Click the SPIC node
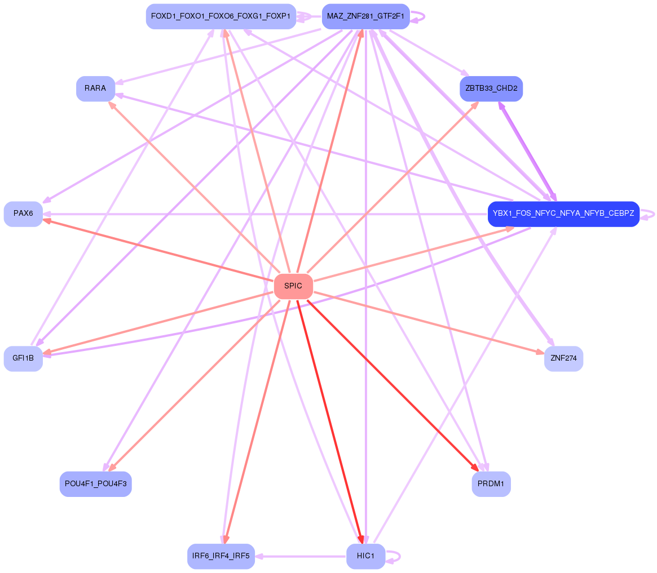[293, 286]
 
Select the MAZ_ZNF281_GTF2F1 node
[365, 16]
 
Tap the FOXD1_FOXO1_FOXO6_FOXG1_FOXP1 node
[221, 16]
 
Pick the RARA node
[95, 88]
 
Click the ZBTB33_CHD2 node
[491, 88]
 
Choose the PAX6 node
[23, 214]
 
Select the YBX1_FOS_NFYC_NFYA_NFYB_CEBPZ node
[563, 214]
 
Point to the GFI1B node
[23, 358]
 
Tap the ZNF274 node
[563, 358]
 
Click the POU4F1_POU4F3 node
[95, 484]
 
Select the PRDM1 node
[491, 484]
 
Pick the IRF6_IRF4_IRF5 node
[221, 556]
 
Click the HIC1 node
[365, 556]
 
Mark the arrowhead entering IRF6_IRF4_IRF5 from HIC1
[260, 556]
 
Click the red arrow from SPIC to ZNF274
[429, 323]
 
